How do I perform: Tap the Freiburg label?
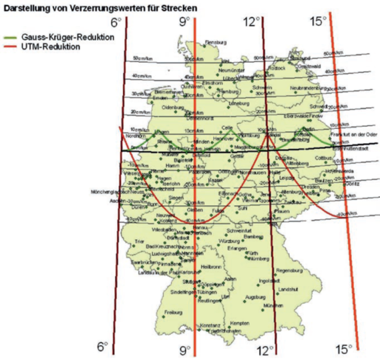[x=174, y=312]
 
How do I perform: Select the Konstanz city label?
[x=210, y=325]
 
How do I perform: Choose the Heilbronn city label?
[x=211, y=266]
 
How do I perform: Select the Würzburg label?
[x=228, y=241]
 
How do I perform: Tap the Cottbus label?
[x=325, y=158]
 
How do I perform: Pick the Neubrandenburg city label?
[x=306, y=88]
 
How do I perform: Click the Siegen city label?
[x=176, y=198]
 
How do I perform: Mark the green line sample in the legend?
[x=10, y=38]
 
